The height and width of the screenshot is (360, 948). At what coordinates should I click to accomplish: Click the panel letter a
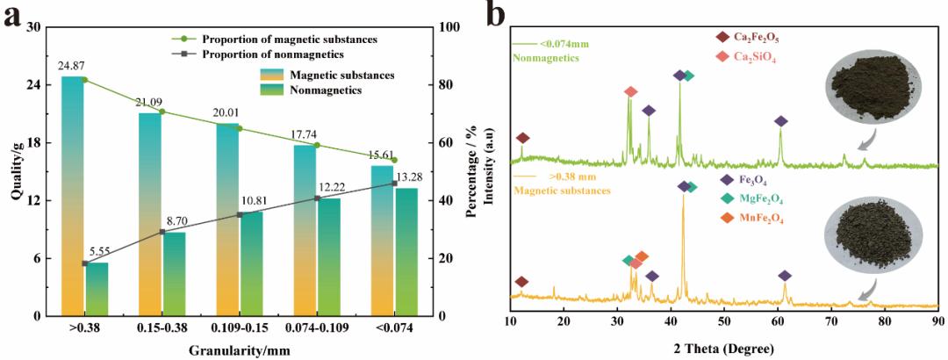pyautogui.click(x=13, y=17)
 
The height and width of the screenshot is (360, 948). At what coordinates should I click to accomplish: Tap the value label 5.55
pyautogui.click(x=97, y=252)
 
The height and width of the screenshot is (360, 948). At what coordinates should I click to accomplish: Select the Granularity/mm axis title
pyautogui.click(x=239, y=350)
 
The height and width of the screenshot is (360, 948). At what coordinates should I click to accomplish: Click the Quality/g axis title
pyautogui.click(x=17, y=171)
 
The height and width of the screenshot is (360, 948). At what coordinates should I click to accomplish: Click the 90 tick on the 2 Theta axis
pyautogui.click(x=937, y=328)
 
